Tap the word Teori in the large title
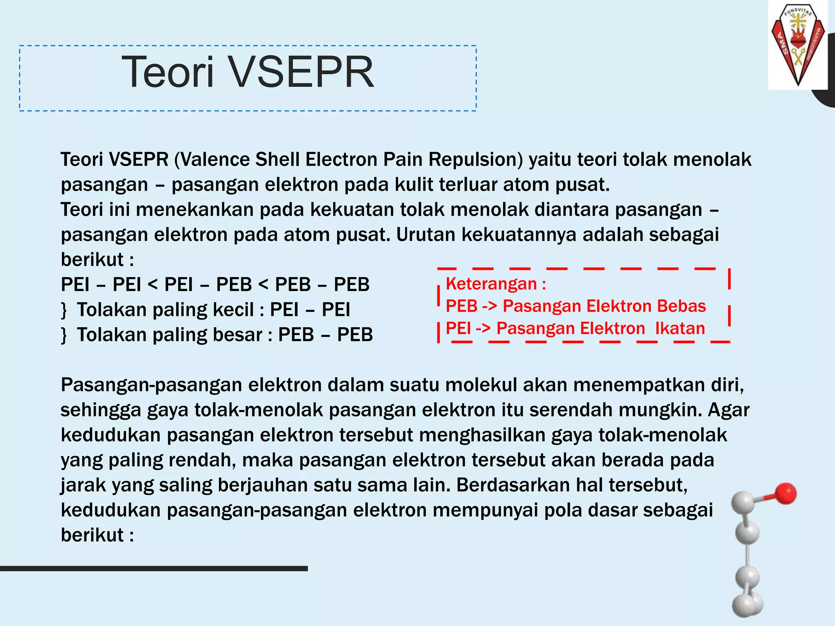(x=168, y=73)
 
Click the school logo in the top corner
(x=797, y=44)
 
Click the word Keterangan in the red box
(x=491, y=284)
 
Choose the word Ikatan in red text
(x=680, y=328)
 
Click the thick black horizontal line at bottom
(x=154, y=569)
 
